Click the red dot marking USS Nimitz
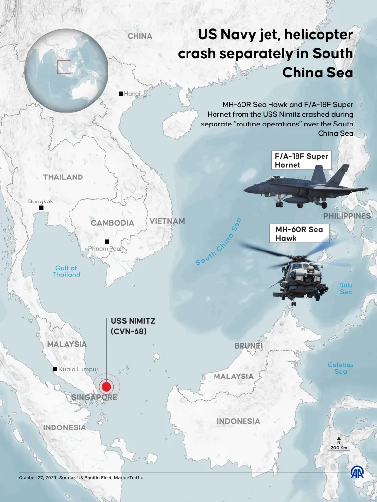[107, 386]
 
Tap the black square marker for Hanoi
[121, 94]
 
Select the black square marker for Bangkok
[41, 208]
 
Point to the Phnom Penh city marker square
[107, 241]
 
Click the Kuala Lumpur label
[79, 369]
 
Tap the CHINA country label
[140, 36]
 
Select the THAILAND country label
[63, 177]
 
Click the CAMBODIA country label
[112, 223]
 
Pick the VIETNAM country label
[167, 221]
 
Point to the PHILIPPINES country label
[347, 216]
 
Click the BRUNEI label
[248, 346]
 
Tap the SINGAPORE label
[94, 397]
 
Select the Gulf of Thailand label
[66, 272]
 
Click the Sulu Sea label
[346, 288]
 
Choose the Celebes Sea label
[341, 368]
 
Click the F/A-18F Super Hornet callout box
[301, 160]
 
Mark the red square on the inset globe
[64, 67]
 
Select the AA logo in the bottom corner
[357, 472]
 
